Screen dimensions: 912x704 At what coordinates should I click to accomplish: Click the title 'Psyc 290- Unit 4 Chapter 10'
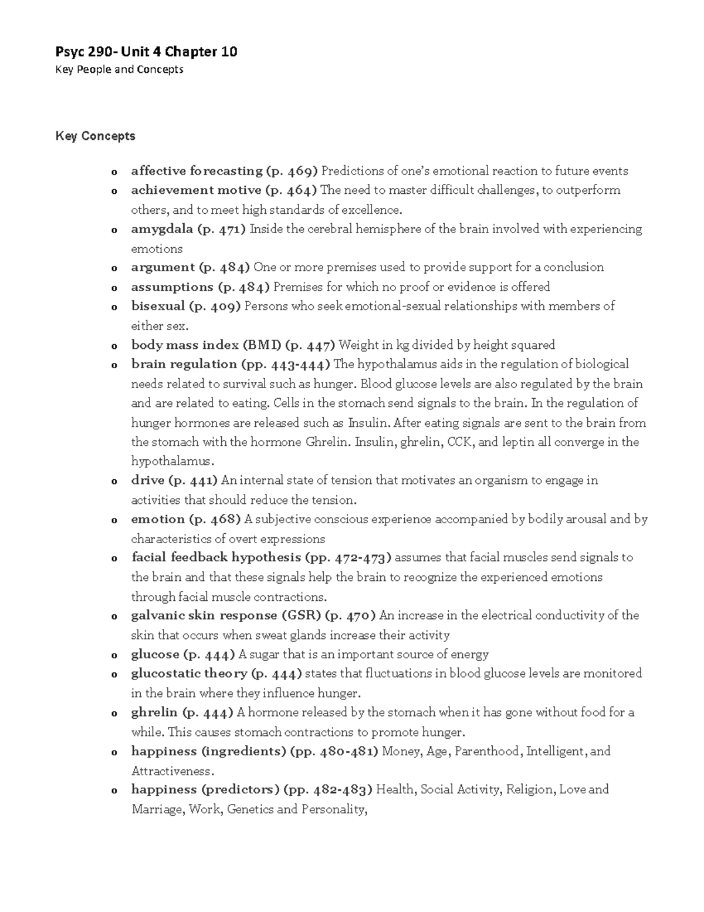[x=146, y=52]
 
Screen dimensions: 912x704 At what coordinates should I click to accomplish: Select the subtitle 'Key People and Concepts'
[x=119, y=70]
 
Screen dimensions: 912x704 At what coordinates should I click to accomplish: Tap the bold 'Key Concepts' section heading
[x=95, y=136]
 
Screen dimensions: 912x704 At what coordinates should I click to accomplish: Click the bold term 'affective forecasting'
[x=197, y=171]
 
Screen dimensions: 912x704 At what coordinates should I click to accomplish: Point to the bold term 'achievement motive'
[x=196, y=190]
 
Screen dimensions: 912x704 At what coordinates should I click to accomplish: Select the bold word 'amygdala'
[x=162, y=229]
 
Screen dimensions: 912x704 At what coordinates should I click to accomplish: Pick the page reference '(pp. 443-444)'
[x=286, y=364]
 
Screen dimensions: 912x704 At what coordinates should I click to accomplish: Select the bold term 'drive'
[x=147, y=480]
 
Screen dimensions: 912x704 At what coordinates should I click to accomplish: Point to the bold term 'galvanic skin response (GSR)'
[x=226, y=615]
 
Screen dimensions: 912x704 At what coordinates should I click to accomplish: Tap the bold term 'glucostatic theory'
[x=189, y=674]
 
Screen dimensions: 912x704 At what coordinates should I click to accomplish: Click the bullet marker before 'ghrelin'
[x=113, y=714]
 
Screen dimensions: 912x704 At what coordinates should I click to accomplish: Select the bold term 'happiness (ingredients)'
[x=208, y=752]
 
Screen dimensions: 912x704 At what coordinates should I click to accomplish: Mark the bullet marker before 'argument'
[x=113, y=269]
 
